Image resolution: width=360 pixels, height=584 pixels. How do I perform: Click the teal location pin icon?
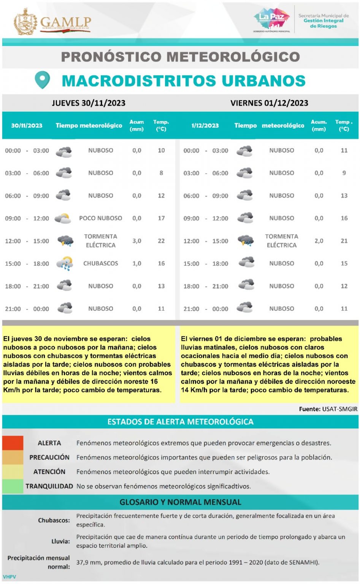pyautogui.click(x=42, y=80)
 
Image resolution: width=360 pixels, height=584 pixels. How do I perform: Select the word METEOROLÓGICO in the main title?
pyautogui.click(x=233, y=57)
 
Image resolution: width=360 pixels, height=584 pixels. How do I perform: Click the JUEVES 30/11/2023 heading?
pyautogui.click(x=89, y=103)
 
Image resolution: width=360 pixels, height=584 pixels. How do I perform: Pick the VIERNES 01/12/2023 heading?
pyautogui.click(x=269, y=103)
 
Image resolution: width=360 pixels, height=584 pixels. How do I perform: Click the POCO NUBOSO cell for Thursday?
pyautogui.click(x=100, y=218)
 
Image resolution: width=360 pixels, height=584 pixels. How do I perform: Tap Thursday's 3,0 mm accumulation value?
pyautogui.click(x=137, y=241)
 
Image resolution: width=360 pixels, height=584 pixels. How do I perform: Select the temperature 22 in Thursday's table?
pyautogui.click(x=161, y=241)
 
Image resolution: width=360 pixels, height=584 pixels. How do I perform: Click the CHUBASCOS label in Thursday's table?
pyautogui.click(x=100, y=263)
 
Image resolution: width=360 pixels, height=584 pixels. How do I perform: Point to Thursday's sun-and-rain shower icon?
pyautogui.click(x=65, y=263)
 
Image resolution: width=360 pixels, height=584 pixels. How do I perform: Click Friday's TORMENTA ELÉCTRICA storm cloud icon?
pyautogui.click(x=246, y=241)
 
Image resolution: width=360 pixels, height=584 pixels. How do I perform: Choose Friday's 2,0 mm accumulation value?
pyautogui.click(x=319, y=241)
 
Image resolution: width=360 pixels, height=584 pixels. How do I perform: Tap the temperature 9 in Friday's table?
pyautogui.click(x=344, y=173)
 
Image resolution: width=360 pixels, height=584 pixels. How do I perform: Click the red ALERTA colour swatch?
pyautogui.click(x=13, y=443)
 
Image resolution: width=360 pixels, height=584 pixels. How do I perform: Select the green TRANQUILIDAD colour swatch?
pyautogui.click(x=13, y=486)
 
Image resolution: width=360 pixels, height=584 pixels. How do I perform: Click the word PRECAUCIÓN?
pyautogui.click(x=49, y=457)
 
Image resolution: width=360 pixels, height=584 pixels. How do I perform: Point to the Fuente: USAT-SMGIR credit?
pyautogui.click(x=328, y=409)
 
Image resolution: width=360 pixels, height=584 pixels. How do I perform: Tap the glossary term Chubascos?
pyautogui.click(x=54, y=520)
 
